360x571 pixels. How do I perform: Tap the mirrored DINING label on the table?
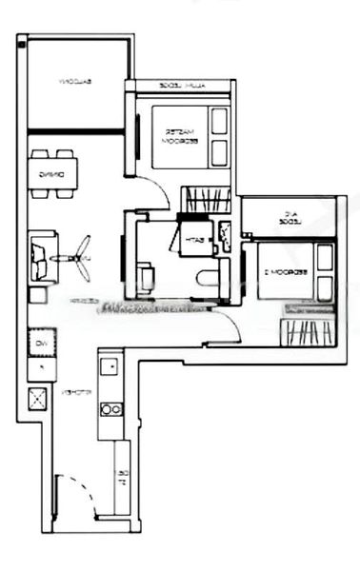51,174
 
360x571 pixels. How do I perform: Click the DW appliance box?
41,344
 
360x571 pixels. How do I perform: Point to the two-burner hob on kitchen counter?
110,409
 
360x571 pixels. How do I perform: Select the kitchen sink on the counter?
107,364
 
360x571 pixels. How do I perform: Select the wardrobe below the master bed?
206,199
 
